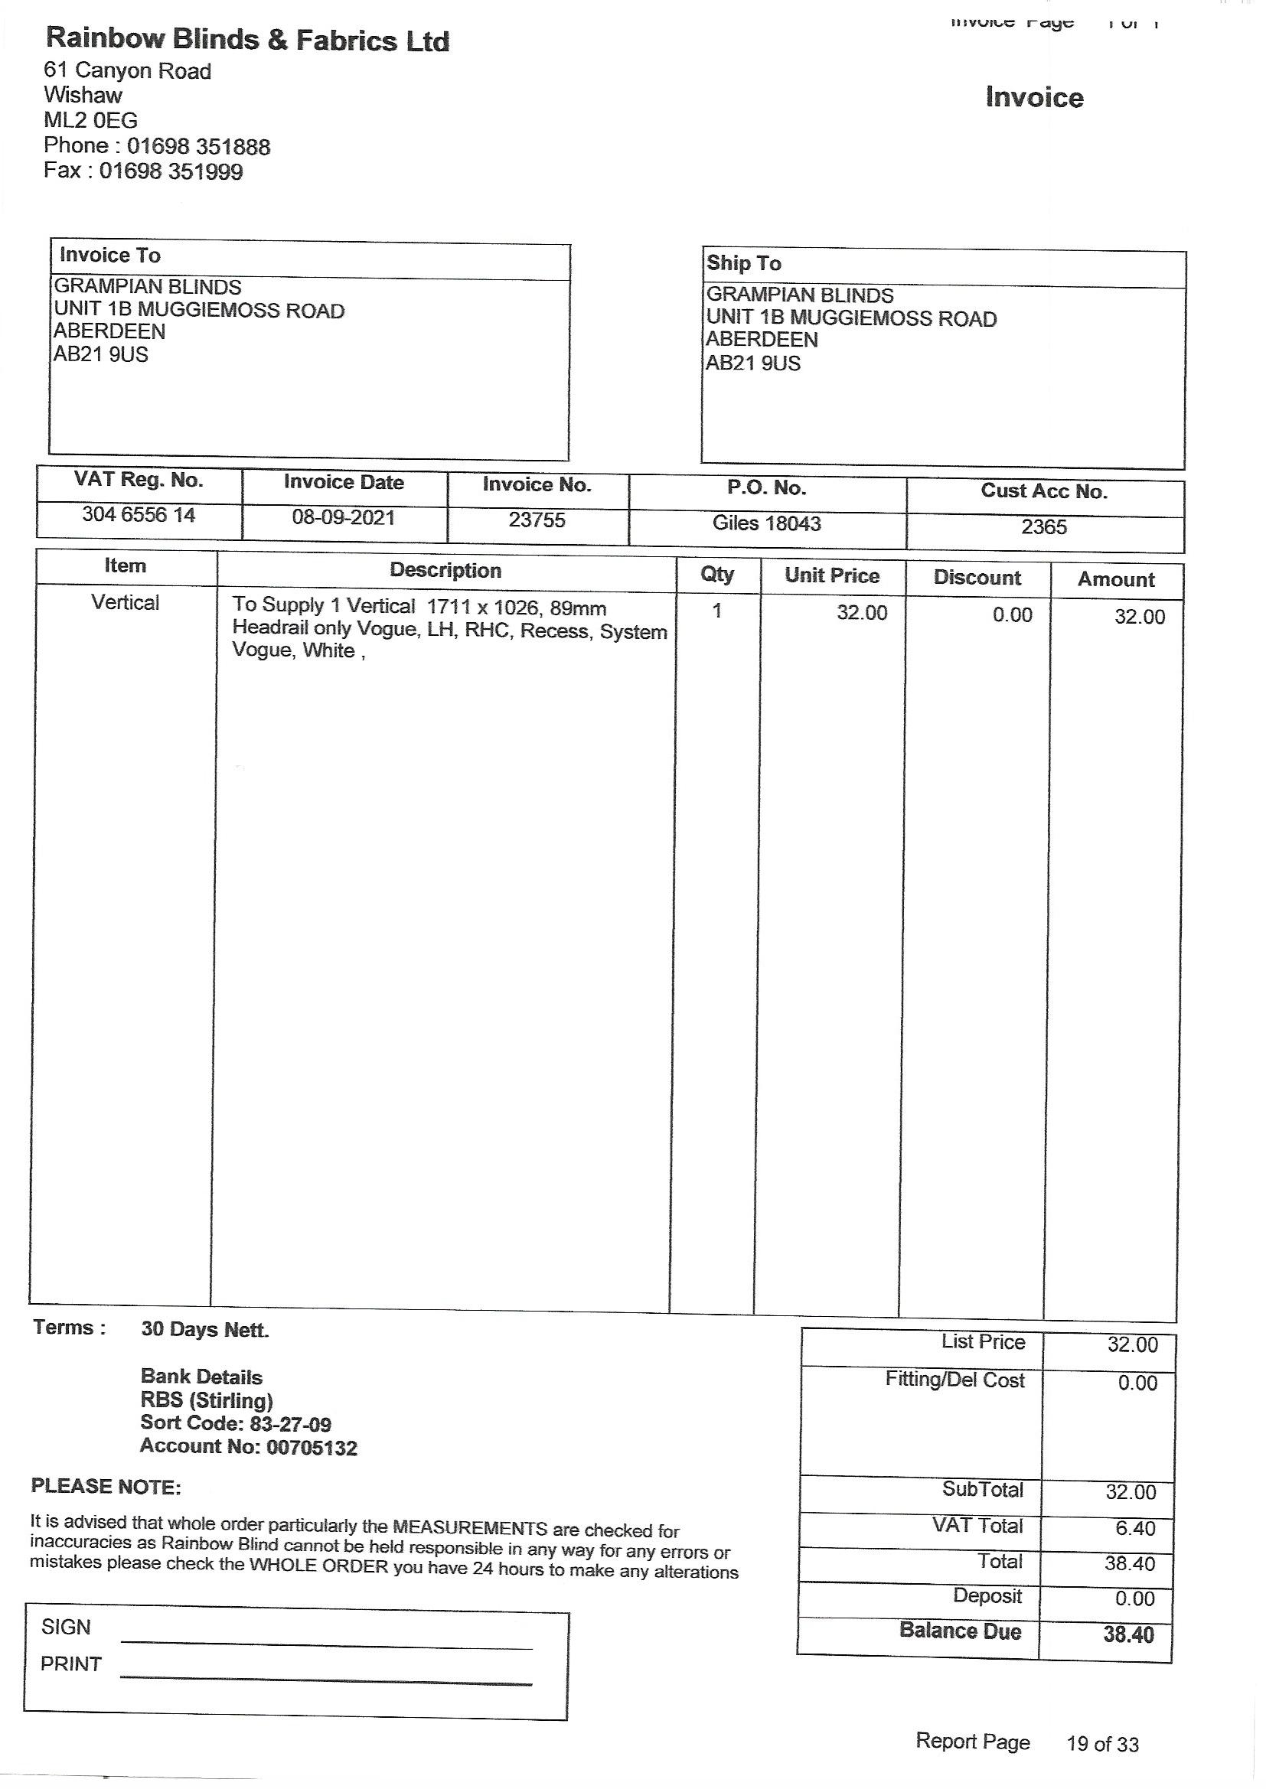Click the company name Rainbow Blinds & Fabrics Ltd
248,39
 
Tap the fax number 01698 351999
171,171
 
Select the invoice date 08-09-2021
344,517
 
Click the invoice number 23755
537,520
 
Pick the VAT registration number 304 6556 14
139,515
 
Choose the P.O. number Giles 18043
766,523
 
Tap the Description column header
445,570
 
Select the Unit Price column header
832,576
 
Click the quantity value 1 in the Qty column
716,611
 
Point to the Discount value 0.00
1012,614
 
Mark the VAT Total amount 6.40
1134,1528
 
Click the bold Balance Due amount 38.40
1128,1634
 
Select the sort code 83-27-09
290,1424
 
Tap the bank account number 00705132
312,1448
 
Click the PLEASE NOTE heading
106,1487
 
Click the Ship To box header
743,263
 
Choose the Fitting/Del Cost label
954,1380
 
